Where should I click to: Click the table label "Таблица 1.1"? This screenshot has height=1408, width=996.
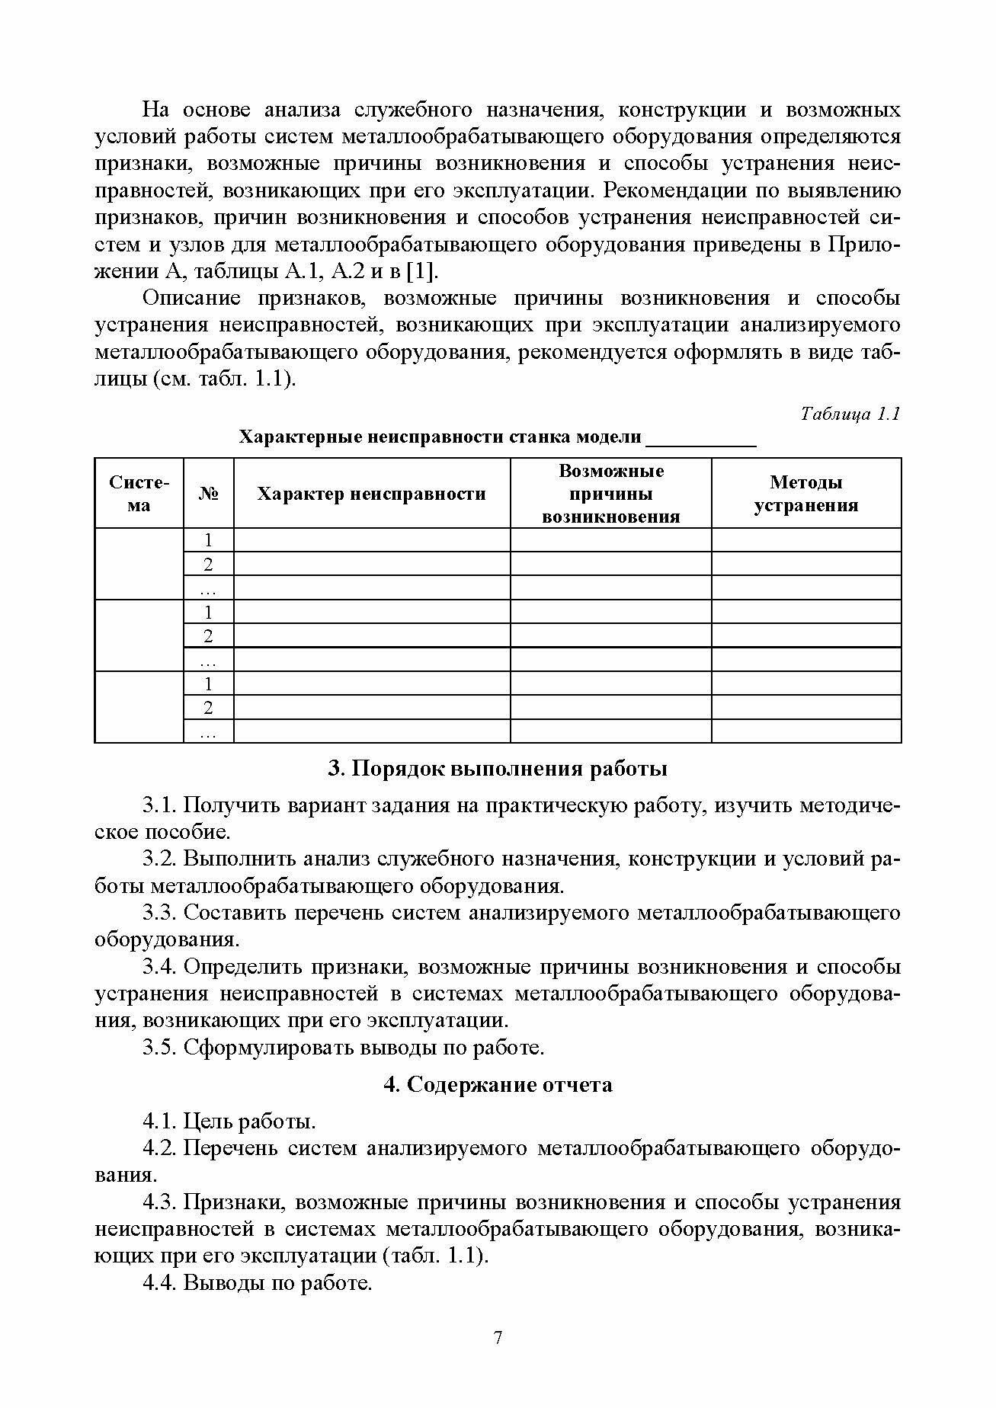(x=850, y=414)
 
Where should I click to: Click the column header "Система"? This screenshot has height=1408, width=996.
(x=139, y=494)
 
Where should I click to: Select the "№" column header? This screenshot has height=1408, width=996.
(x=208, y=494)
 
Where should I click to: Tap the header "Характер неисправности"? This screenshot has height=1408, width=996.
(x=371, y=494)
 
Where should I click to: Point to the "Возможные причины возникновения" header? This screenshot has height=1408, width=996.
(x=610, y=494)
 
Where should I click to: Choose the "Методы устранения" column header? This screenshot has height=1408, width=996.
(x=805, y=494)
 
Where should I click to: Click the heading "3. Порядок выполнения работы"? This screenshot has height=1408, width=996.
(x=498, y=768)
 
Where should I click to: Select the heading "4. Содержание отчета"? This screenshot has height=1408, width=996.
(x=498, y=1084)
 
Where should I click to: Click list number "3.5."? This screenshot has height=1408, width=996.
(x=160, y=1047)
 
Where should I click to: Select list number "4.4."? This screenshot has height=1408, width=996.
(x=160, y=1283)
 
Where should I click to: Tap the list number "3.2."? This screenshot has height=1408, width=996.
(x=160, y=859)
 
